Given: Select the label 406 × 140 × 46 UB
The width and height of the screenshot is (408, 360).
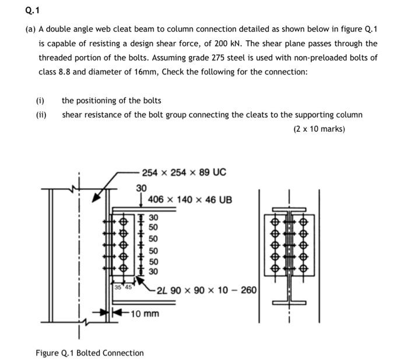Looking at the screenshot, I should click(x=190, y=200).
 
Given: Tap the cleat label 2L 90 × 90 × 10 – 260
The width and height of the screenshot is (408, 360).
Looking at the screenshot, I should click(x=206, y=290).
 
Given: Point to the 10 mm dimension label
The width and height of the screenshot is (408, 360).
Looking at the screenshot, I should click(x=145, y=314).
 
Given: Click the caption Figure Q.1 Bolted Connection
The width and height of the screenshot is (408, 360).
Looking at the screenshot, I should click(x=89, y=352).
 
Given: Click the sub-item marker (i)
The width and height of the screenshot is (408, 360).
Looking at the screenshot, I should click(x=40, y=100).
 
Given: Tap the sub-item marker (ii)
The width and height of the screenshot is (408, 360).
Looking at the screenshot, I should click(x=41, y=115).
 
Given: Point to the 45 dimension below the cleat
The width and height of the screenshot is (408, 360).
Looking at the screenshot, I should click(x=128, y=287).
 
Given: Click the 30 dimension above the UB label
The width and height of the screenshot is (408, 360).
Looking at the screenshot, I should click(x=141, y=188).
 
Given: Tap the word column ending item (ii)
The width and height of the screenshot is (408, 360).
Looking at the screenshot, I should click(x=349, y=115).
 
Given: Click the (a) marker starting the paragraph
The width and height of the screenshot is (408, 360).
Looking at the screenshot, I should click(x=30, y=29).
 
